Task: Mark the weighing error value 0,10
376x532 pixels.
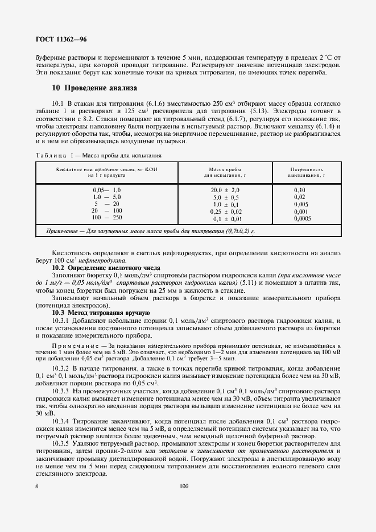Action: [299, 189]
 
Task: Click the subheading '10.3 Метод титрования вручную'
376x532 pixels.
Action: [101, 313]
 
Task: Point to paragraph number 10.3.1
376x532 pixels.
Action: [60, 321]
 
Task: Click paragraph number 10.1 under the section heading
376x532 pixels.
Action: [58, 104]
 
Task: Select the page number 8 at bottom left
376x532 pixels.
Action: [36, 486]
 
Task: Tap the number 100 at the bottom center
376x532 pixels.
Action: [183, 486]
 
